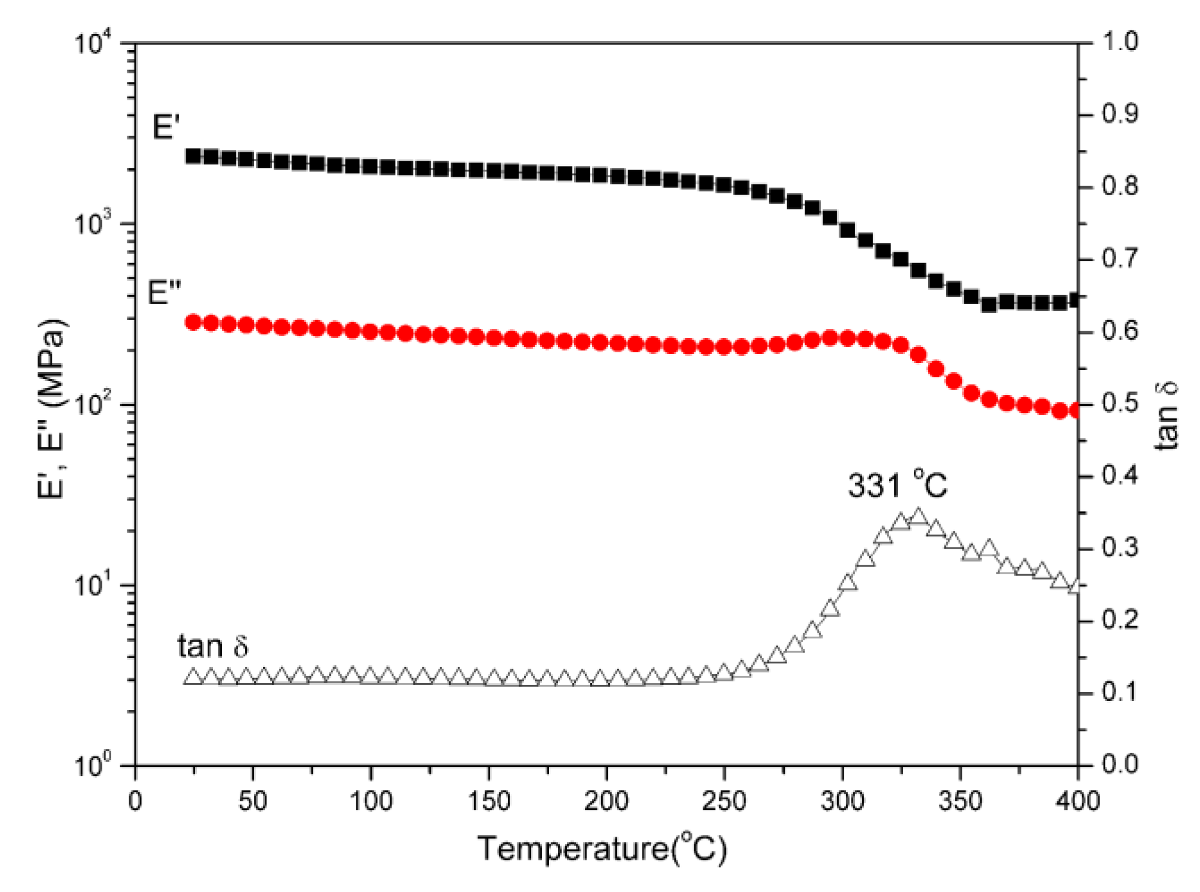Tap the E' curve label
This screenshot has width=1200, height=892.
165,127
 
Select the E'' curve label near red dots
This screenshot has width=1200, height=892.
164,293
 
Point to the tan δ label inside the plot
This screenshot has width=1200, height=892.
212,646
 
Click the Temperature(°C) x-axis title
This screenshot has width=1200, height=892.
602,849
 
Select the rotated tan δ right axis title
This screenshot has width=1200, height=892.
1165,416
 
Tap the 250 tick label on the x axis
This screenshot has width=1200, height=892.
723,802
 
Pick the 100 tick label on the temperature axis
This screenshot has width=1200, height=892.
370,802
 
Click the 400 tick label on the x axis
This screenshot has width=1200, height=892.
1077,802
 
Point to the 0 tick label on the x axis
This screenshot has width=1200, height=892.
135,802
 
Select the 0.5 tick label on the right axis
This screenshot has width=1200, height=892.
1119,403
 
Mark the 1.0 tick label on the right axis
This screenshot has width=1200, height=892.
1119,42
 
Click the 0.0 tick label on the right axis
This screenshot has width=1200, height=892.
1119,764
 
